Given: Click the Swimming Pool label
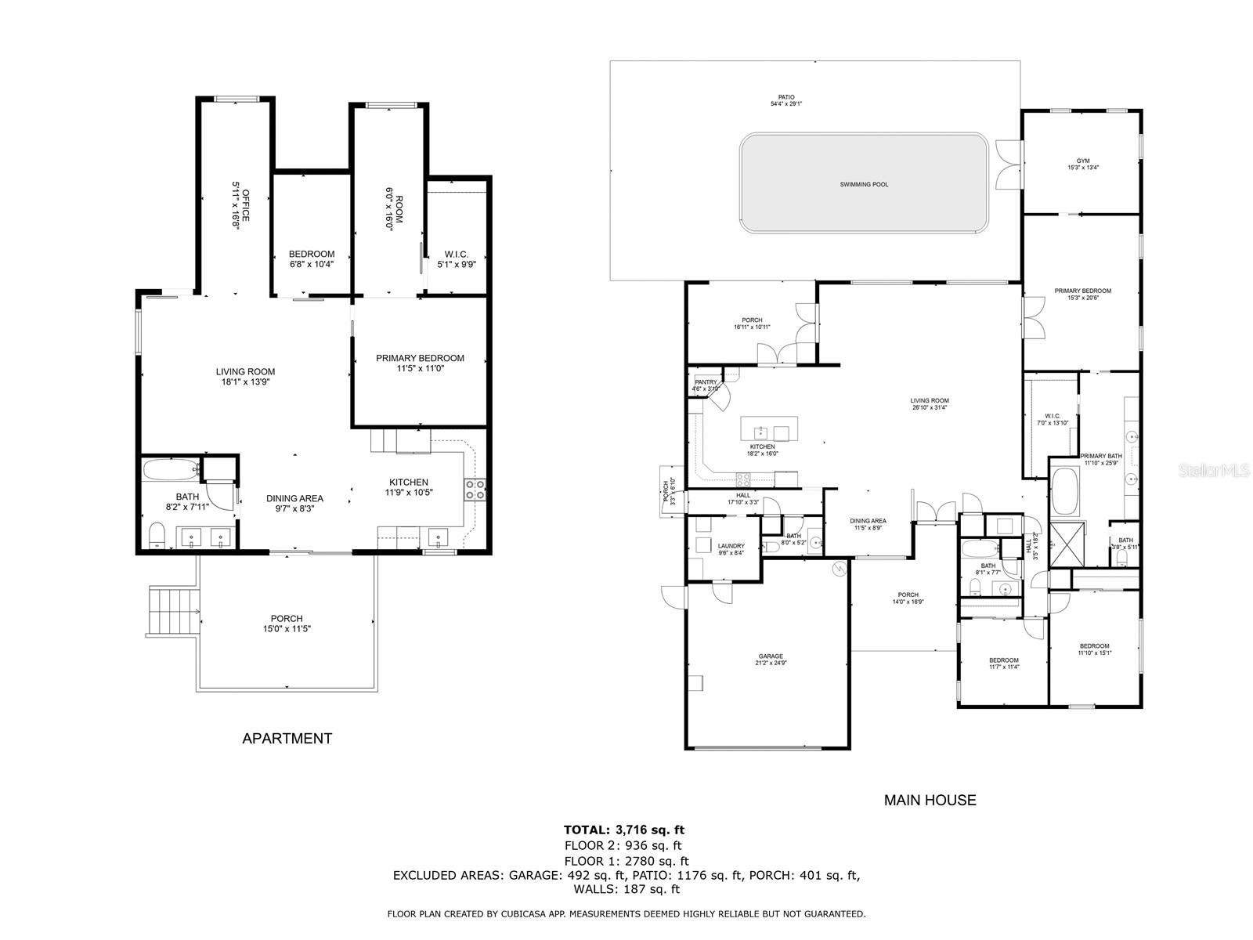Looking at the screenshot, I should pyautogui.click(x=864, y=185).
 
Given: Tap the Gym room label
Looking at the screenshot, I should pyautogui.click(x=1083, y=161).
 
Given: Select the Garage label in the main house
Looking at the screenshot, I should pyautogui.click(x=770, y=656).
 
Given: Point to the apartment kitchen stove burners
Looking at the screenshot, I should pyautogui.click(x=475, y=490).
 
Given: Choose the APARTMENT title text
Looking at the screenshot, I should pyautogui.click(x=287, y=738).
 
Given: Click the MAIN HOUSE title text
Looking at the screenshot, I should pyautogui.click(x=930, y=800).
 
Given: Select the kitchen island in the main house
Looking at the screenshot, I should pyautogui.click(x=769, y=429).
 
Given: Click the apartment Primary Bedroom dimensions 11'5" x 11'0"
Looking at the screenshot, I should pyautogui.click(x=420, y=368).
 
